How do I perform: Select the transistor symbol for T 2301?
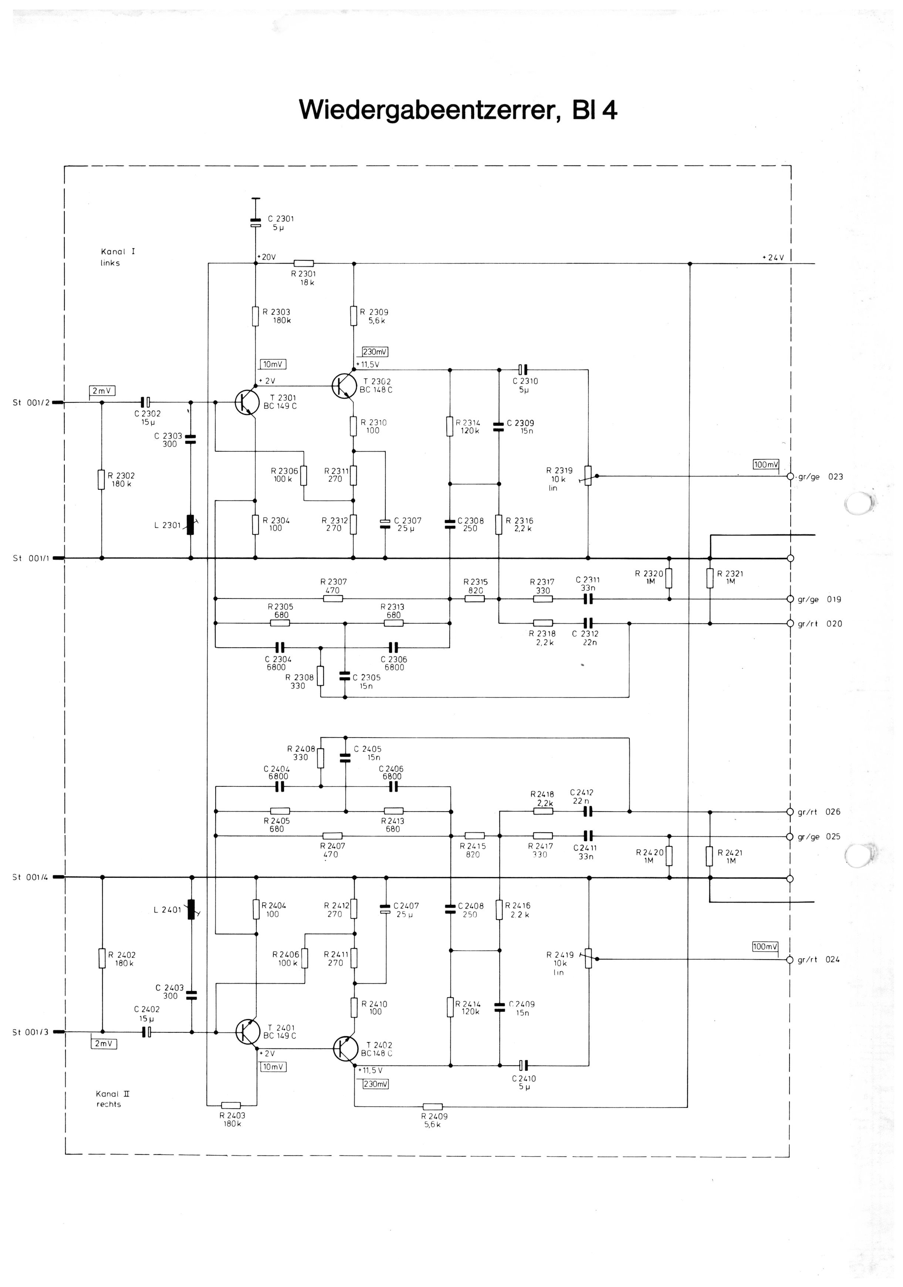point(247,402)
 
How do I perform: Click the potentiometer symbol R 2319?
point(588,475)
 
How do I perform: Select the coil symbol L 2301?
point(190,525)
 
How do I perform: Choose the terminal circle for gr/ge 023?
point(791,476)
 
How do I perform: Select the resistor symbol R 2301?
point(304,263)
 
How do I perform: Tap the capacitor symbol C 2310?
point(523,370)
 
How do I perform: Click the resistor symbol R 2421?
point(710,856)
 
